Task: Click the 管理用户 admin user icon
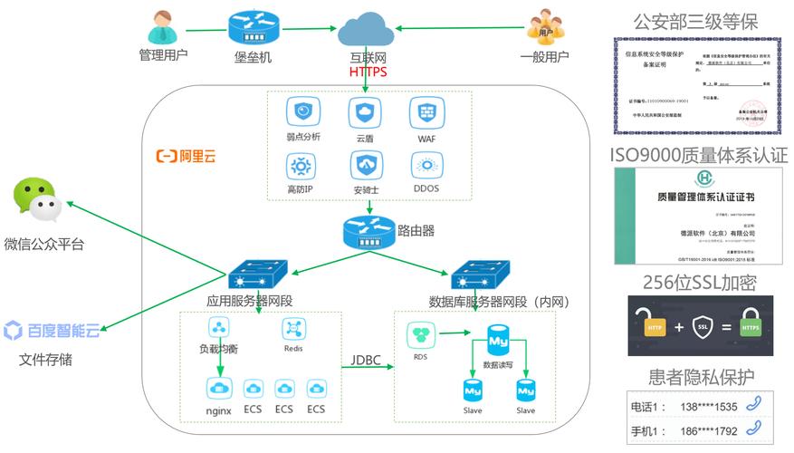pos(162,26)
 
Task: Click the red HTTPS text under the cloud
pos(368,72)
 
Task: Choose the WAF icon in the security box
pos(426,113)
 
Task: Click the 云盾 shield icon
pos(365,113)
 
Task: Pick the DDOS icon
pos(426,166)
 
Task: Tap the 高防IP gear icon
pos(300,167)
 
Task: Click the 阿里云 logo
pos(187,156)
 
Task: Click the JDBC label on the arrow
pos(367,360)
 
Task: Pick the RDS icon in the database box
pos(421,336)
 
